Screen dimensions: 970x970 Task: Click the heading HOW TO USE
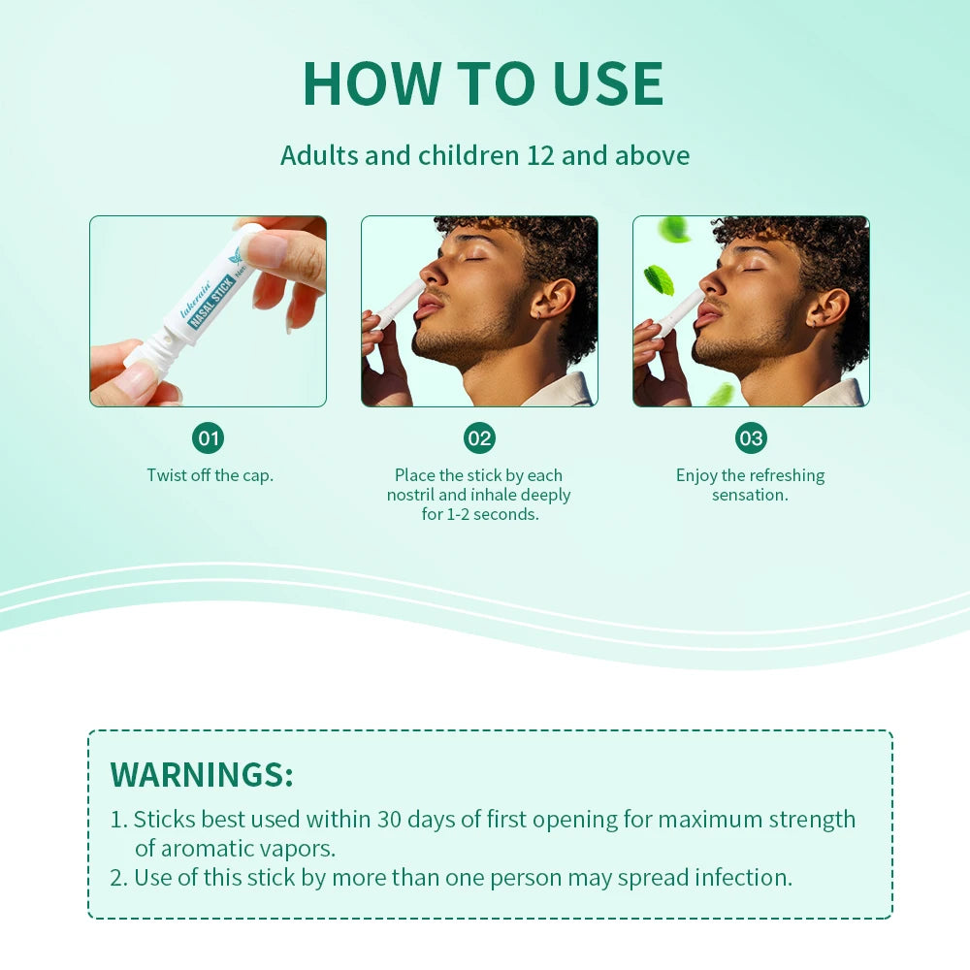(483, 83)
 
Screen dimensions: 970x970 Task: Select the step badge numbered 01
(208, 438)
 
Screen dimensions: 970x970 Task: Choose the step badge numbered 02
(479, 438)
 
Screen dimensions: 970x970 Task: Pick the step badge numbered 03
(751, 438)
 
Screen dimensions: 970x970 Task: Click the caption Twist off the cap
(210, 475)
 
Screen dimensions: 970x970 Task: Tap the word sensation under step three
(750, 495)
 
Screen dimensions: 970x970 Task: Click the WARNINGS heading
(202, 775)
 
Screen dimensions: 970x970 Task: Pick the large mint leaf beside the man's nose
(660, 279)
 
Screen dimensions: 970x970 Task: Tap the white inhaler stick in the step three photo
(679, 310)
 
